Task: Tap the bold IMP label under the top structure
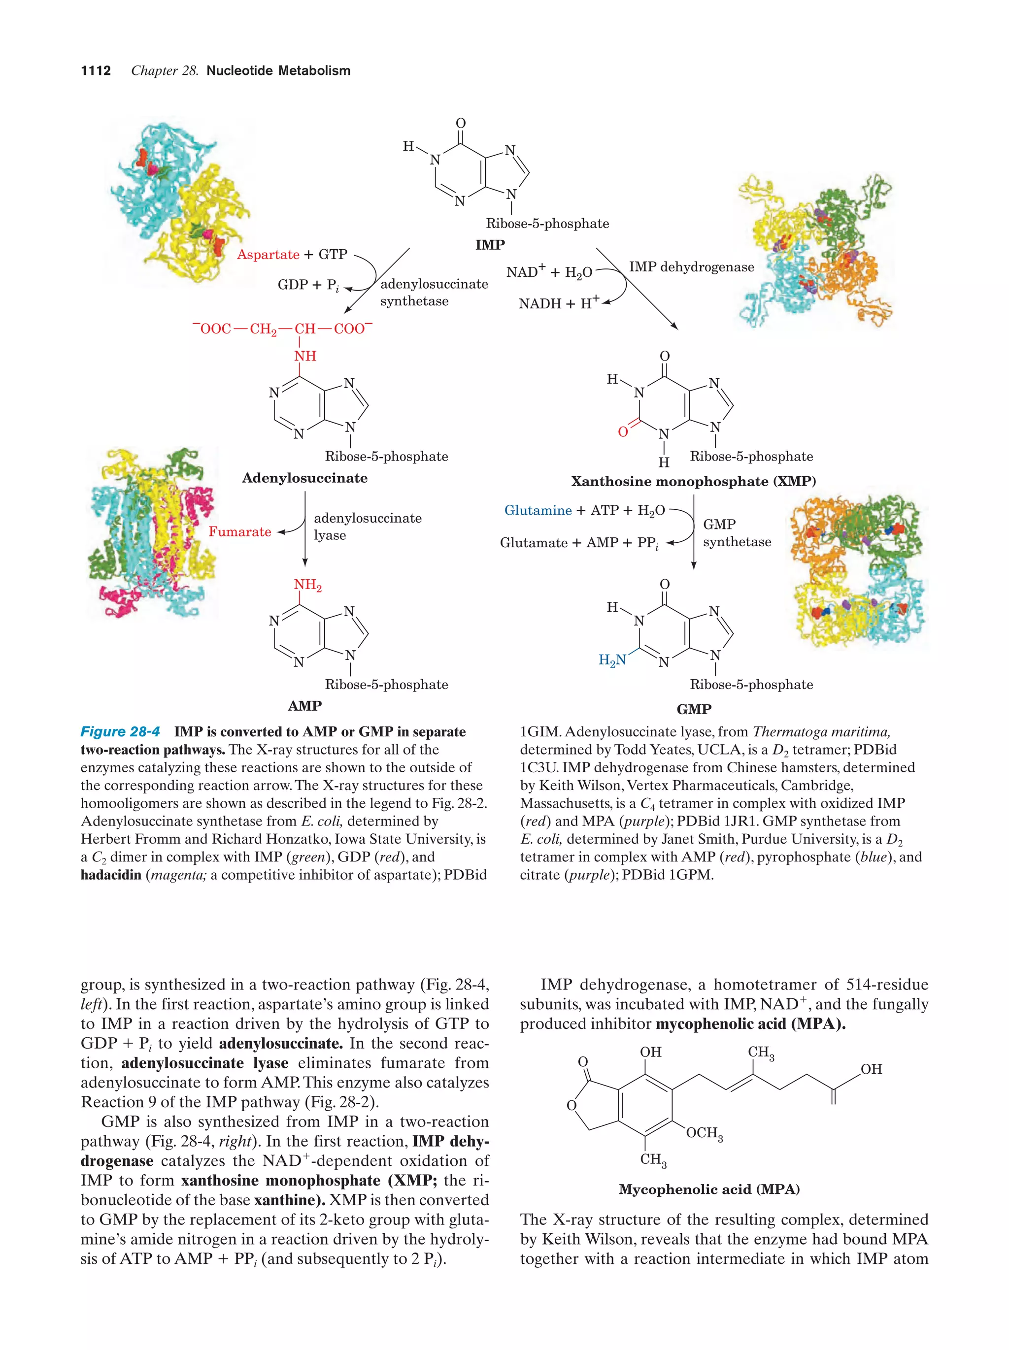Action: pos(490,245)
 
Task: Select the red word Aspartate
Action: pos(268,255)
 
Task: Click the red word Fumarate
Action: pos(240,531)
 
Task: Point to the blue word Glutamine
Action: pos(538,510)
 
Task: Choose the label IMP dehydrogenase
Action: pos(692,267)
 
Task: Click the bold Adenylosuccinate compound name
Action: pos(304,478)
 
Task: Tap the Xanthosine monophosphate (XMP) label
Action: pos(693,482)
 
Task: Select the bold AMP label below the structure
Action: pos(304,706)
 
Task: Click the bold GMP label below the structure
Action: pos(694,709)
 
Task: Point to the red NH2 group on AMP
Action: pos(307,585)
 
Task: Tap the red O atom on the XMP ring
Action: pos(623,431)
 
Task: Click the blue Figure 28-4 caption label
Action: pos(120,732)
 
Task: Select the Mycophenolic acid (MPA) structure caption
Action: pos(709,1189)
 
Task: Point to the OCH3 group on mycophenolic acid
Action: pos(704,1133)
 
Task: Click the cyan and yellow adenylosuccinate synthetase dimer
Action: pos(174,201)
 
